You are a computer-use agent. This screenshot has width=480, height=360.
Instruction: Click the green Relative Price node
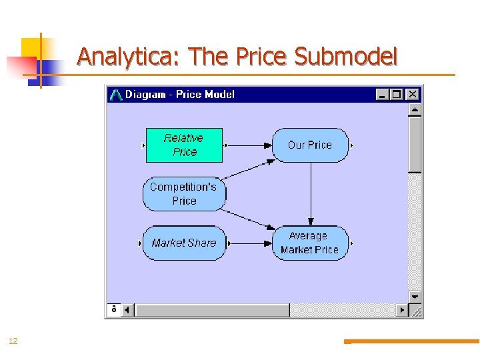point(184,145)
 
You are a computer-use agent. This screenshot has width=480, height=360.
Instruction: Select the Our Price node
point(310,145)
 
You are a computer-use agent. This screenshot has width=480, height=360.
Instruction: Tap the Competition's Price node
point(184,193)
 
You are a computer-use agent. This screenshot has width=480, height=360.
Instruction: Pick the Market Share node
point(184,243)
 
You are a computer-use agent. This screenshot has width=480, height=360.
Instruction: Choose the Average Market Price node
point(310,243)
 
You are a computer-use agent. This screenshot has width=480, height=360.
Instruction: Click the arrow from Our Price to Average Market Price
point(310,193)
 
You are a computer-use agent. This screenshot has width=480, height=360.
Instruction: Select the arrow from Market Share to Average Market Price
point(250,243)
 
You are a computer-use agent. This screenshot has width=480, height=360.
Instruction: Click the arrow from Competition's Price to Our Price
point(248,169)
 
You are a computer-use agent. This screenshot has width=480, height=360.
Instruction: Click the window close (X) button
point(413,95)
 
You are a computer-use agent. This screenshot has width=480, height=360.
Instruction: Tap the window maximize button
point(397,95)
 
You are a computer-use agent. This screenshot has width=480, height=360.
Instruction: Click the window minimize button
point(383,95)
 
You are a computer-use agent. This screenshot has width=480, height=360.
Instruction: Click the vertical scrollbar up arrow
point(415,109)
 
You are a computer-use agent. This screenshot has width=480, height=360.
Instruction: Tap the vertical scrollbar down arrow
point(415,297)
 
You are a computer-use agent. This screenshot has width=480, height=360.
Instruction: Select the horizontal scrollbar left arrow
point(127,310)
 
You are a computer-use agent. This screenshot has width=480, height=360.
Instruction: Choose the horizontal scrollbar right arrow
point(401,310)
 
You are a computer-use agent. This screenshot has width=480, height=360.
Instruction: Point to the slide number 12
point(13,341)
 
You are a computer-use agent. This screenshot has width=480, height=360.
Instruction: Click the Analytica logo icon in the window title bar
point(116,95)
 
